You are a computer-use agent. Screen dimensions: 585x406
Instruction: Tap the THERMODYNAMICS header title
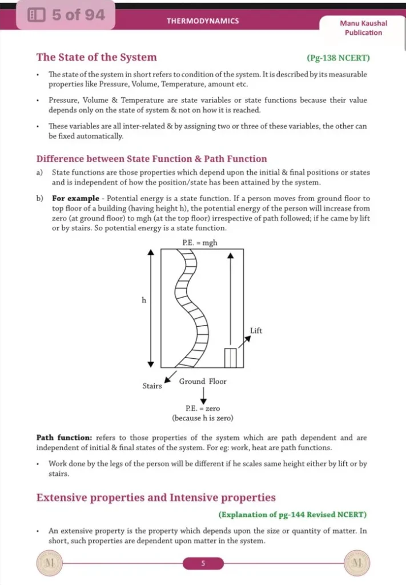(203, 21)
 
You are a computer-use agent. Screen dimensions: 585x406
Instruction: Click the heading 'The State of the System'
(97, 57)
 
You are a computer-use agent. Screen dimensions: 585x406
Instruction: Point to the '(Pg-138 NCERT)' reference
(338, 58)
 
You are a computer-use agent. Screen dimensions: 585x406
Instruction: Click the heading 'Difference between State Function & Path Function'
(151, 159)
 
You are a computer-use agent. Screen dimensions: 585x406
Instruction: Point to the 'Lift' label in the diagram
(256, 331)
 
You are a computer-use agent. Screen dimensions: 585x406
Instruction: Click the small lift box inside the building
(230, 357)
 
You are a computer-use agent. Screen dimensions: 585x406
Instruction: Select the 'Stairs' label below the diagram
(152, 386)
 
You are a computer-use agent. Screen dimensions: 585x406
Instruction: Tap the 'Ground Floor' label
(203, 381)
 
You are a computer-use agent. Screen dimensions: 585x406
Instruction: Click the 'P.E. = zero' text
(203, 408)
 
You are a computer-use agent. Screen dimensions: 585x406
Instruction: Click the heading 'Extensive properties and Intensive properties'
(156, 498)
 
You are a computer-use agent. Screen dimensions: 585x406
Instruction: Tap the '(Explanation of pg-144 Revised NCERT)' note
(292, 515)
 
